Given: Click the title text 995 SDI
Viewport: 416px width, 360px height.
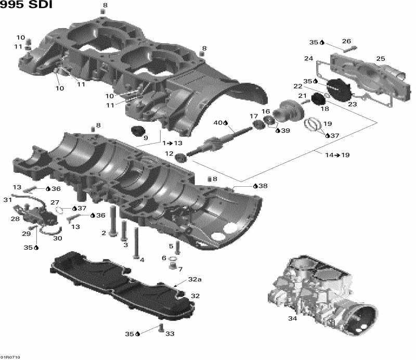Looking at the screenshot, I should pyautogui.click(x=27, y=7).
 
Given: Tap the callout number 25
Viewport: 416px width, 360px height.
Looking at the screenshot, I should pyautogui.click(x=381, y=59).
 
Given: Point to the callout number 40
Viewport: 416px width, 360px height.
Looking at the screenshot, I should pyautogui.click(x=218, y=123).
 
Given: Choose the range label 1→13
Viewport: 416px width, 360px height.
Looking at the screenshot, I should pyautogui.click(x=172, y=143).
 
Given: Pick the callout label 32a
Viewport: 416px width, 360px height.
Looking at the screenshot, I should pyautogui.click(x=194, y=279).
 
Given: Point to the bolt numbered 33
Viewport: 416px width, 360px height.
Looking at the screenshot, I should pyautogui.click(x=160, y=328).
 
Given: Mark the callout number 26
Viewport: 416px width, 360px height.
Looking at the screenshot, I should pyautogui.click(x=346, y=42).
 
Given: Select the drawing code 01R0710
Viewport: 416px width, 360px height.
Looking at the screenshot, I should pyautogui.click(x=10, y=357).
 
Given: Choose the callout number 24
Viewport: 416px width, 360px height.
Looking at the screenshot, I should pyautogui.click(x=308, y=59).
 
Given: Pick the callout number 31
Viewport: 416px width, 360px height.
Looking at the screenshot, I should pyautogui.click(x=7, y=200).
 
